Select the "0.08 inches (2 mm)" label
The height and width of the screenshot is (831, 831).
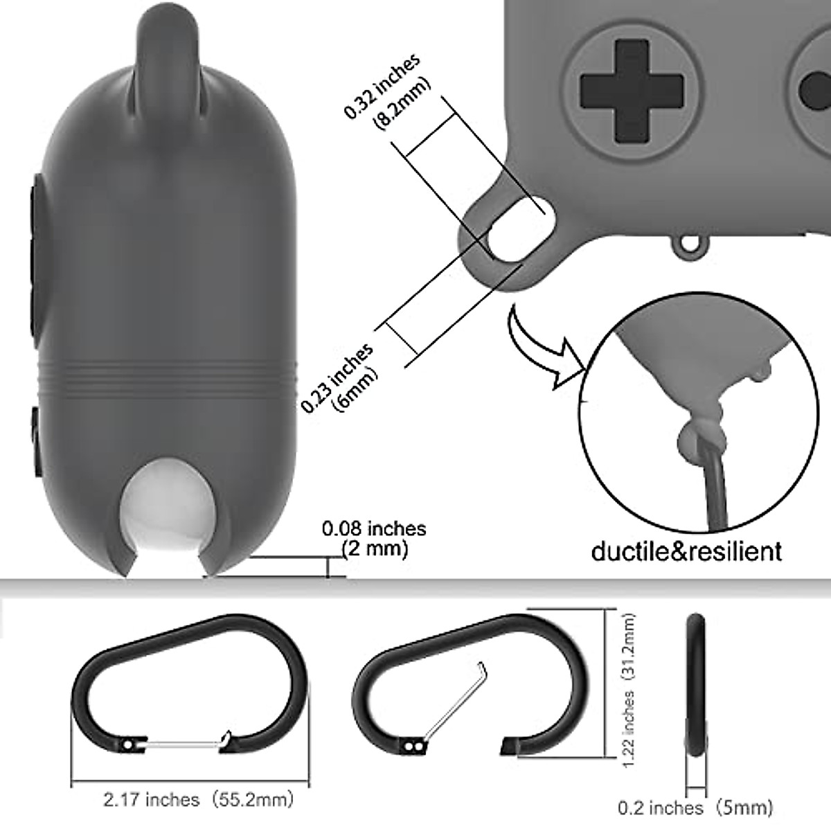pyautogui.click(x=375, y=539)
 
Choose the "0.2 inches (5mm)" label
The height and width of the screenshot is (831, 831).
pyautogui.click(x=695, y=807)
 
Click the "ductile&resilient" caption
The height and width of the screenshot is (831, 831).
pyautogui.click(x=686, y=551)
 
